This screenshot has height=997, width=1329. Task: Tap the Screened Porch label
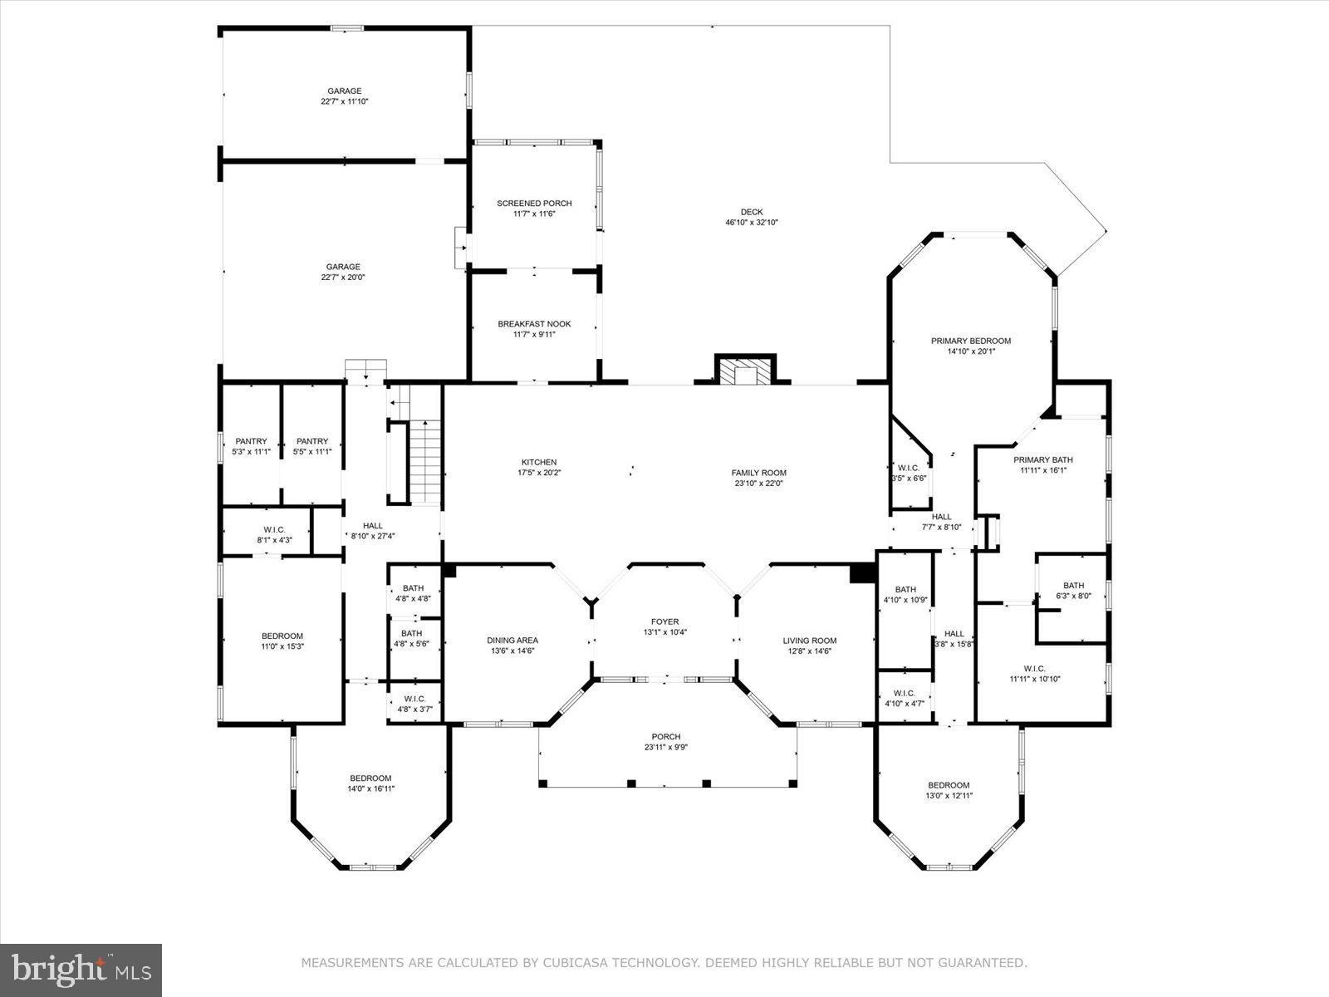(534, 204)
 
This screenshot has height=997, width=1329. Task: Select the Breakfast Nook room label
(534, 324)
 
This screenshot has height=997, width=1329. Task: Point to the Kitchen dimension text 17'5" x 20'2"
(538, 474)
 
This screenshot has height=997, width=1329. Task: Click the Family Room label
(759, 473)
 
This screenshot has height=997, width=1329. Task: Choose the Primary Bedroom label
(970, 341)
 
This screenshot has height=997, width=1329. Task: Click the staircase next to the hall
(424, 461)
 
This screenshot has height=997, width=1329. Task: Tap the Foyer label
(664, 621)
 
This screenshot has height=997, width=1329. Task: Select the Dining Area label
(512, 640)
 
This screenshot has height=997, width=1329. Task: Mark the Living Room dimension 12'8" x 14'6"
(809, 651)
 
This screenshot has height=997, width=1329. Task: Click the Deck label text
(752, 212)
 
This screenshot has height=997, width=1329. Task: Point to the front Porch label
(666, 736)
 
